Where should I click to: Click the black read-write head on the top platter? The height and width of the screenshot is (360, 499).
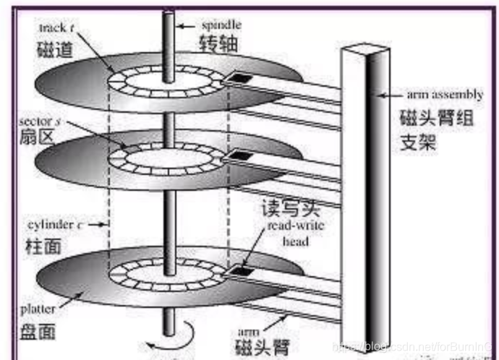point(239,77)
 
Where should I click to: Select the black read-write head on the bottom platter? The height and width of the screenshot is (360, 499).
point(241,271)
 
